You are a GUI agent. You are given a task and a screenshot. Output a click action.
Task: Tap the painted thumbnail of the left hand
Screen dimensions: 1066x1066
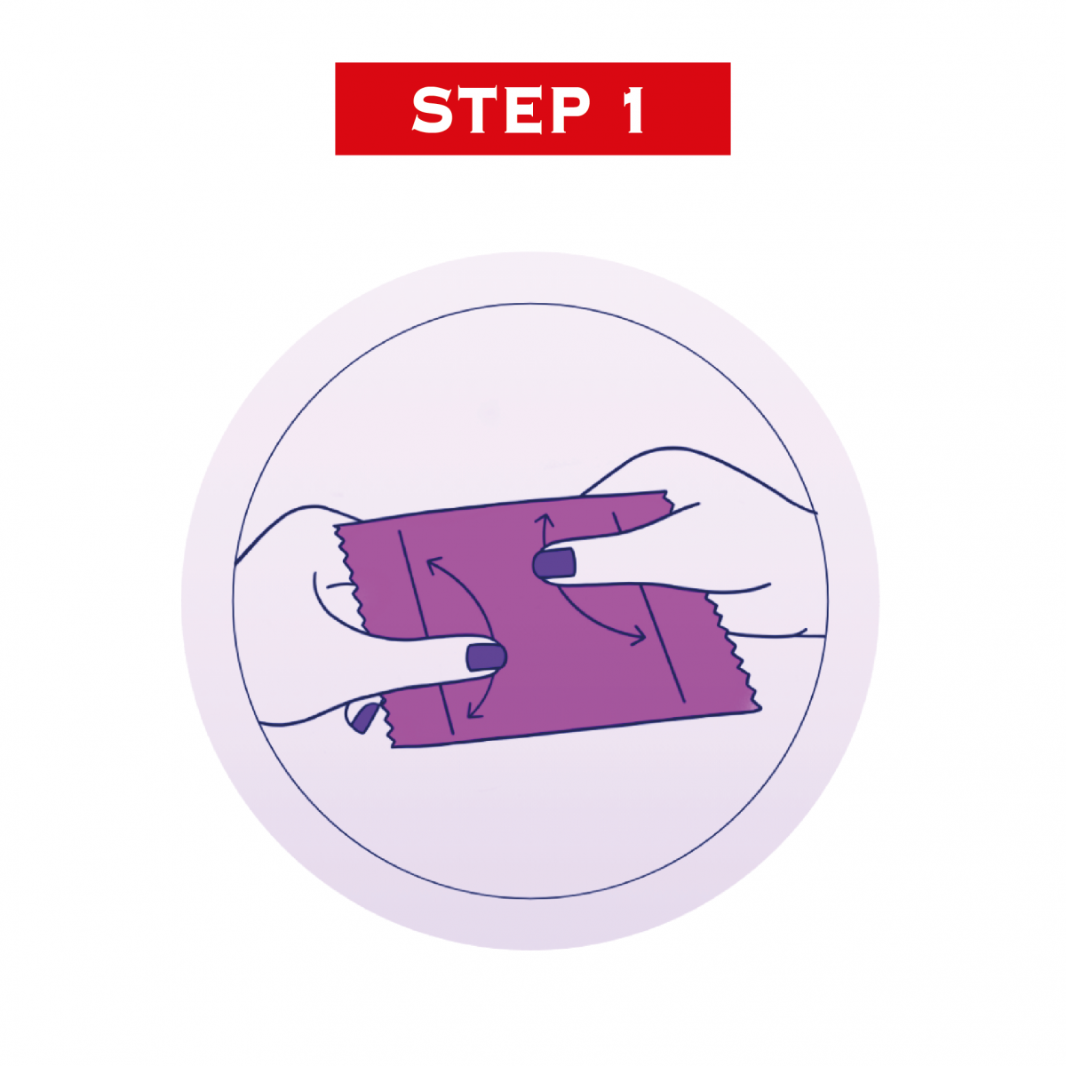click(486, 657)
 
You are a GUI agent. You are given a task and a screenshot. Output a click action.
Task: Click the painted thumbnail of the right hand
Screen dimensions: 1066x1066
click(554, 565)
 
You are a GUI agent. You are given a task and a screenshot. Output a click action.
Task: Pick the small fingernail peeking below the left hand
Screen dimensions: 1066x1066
click(362, 718)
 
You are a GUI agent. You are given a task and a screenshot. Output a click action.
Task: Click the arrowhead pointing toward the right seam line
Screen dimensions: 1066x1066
click(639, 636)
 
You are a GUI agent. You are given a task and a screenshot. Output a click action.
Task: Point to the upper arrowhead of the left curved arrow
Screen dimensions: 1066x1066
click(434, 566)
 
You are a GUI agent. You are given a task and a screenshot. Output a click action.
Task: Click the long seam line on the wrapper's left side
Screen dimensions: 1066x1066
click(426, 632)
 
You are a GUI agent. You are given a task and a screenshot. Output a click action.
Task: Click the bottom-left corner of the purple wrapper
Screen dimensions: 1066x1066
click(394, 747)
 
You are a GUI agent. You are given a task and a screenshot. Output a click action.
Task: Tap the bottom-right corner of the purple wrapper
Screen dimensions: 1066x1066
click(761, 707)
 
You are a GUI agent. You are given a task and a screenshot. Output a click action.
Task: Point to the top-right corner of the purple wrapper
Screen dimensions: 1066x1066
click(665, 490)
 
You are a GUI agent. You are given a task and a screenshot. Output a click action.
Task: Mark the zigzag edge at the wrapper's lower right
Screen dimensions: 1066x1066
click(734, 650)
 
